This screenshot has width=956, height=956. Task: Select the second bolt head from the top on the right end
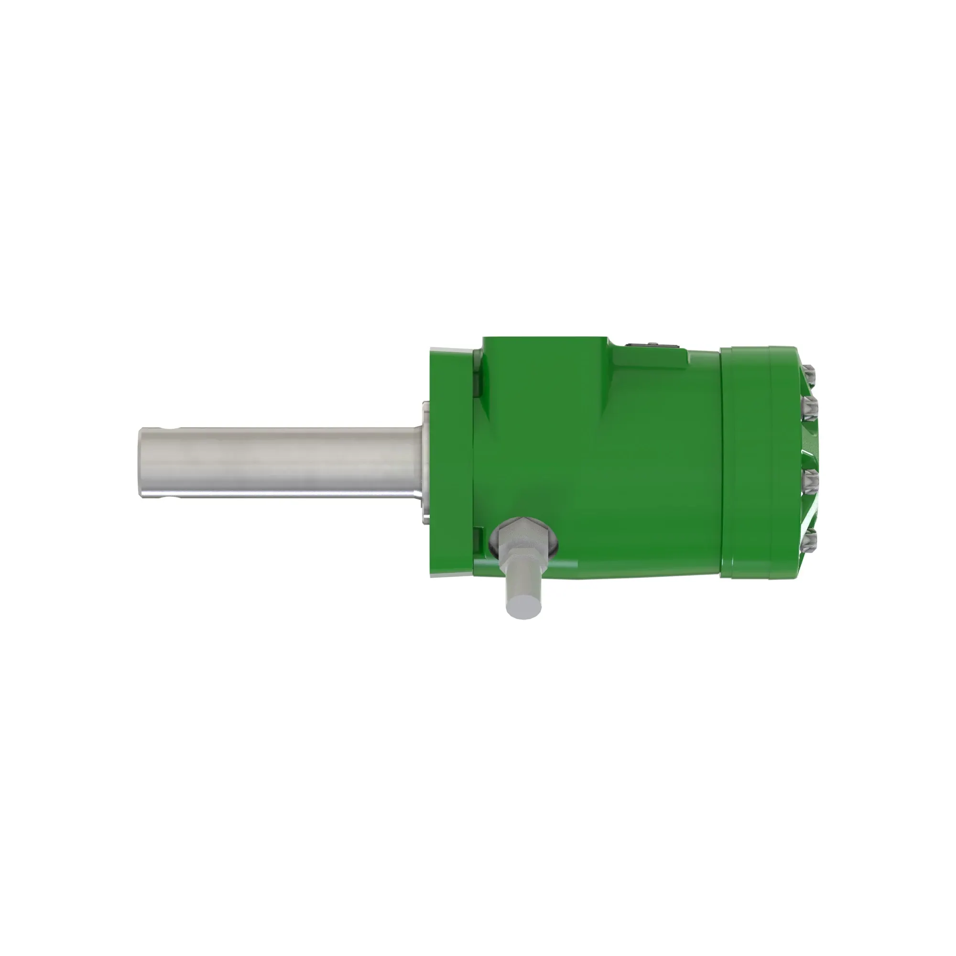coord(812,409)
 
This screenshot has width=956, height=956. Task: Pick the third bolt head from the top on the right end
coord(812,482)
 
